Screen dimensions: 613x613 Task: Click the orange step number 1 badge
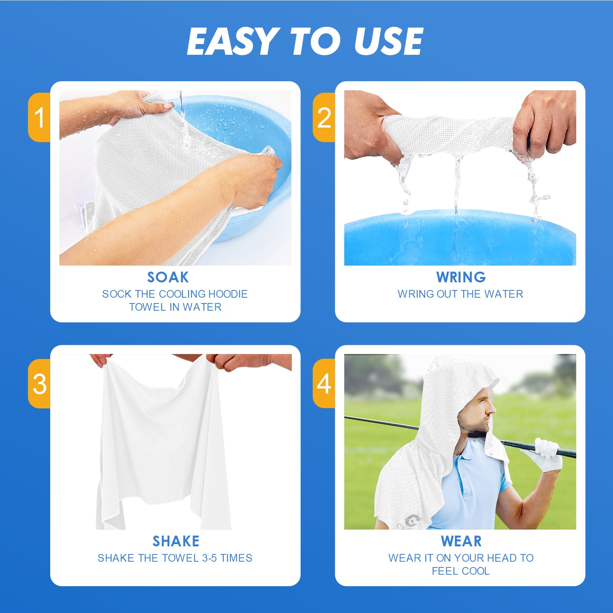39,117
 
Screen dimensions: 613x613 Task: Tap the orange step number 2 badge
324,117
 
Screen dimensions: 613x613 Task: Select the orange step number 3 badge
39,384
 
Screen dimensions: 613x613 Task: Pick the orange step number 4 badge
324,384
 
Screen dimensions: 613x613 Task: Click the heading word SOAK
168,277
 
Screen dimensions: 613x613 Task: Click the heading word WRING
461,277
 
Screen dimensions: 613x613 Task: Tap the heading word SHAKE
176,541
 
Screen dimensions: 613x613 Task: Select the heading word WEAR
461,541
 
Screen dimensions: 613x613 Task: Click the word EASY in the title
232,41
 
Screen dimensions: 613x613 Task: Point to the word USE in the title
388,41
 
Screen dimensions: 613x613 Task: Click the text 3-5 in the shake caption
210,558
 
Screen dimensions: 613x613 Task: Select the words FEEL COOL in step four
461,571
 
